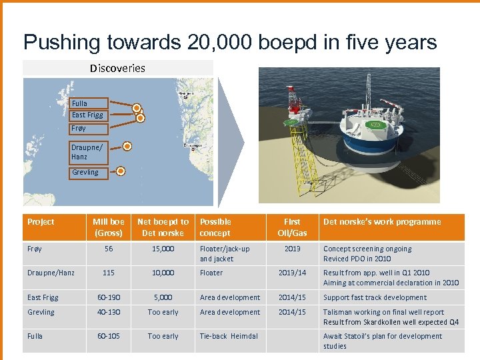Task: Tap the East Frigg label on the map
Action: pyautogui.click(x=87, y=115)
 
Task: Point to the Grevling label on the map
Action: pyautogui.click(x=86, y=172)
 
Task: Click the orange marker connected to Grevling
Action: pyautogui.click(x=121, y=171)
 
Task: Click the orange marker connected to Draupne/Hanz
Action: pyautogui.click(x=127, y=146)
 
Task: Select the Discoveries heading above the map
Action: pyautogui.click(x=117, y=68)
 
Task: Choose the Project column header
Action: pyautogui.click(x=41, y=222)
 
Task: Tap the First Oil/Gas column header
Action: pyautogui.click(x=292, y=227)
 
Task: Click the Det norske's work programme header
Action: pyautogui.click(x=382, y=222)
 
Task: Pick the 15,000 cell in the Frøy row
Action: pyautogui.click(x=163, y=249)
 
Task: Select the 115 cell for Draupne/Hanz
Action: pyautogui.click(x=108, y=273)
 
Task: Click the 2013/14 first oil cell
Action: pyautogui.click(x=292, y=273)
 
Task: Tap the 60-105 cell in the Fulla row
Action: pyautogui.click(x=108, y=336)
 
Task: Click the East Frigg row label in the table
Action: pyautogui.click(x=43, y=297)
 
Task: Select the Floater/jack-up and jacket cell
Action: pyautogui.click(x=225, y=253)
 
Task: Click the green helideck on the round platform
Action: pyautogui.click(x=375, y=125)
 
